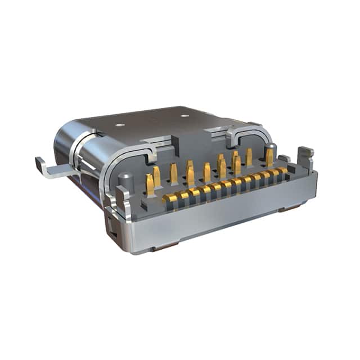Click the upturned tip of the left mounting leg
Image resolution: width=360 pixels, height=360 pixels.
(x=40, y=164)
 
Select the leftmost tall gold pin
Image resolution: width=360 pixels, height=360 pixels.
(x=150, y=183)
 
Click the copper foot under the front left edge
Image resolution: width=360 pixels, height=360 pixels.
(x=167, y=246)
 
